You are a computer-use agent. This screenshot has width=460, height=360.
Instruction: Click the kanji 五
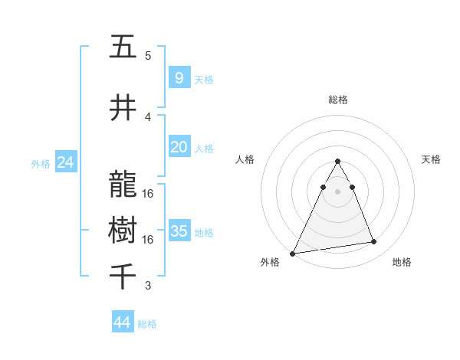click(123, 47)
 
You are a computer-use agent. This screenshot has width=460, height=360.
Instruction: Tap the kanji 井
click(123, 108)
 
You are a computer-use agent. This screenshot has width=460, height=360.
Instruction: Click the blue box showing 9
click(179, 78)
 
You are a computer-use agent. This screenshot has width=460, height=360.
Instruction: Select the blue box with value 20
click(179, 147)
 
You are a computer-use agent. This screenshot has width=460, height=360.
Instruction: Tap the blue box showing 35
click(179, 231)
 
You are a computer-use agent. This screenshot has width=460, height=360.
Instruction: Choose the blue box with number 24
click(65, 162)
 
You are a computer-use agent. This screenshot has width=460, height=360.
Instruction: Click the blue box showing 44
click(123, 322)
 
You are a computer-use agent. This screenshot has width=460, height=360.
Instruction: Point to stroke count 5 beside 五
click(148, 56)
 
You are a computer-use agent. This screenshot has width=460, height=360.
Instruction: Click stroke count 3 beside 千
click(148, 286)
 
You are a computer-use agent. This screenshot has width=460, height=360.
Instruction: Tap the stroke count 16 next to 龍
click(148, 194)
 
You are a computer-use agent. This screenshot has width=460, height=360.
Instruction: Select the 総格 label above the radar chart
click(337, 100)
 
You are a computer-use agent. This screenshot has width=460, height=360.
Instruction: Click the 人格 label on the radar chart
click(245, 159)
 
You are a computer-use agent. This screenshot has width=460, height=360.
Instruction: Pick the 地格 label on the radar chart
click(402, 262)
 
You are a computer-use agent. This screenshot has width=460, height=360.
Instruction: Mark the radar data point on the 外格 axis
click(293, 253)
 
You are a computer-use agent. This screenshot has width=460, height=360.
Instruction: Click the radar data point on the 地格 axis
click(374, 242)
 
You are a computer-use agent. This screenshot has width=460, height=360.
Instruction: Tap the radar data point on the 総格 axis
click(337, 161)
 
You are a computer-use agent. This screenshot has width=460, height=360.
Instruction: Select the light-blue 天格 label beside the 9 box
click(204, 79)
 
